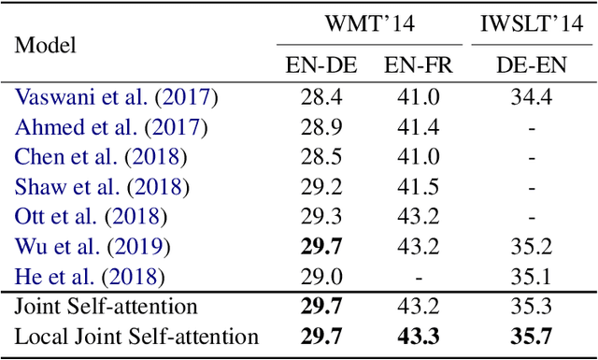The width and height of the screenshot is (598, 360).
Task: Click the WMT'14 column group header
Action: pyautogui.click(x=370, y=22)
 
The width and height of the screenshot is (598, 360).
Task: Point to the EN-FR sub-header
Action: pyautogui.click(x=416, y=65)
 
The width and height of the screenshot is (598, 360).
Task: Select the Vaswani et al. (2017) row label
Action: pyautogui.click(x=116, y=97)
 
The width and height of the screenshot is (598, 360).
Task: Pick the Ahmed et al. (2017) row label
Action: pyautogui.click(x=111, y=127)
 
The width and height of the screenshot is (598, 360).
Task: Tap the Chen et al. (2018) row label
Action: pyautogui.click(x=101, y=157)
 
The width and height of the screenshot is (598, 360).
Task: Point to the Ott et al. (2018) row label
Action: pyautogui.click(x=92, y=217)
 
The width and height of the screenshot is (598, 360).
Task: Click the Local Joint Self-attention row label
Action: pyautogui.click(x=136, y=338)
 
